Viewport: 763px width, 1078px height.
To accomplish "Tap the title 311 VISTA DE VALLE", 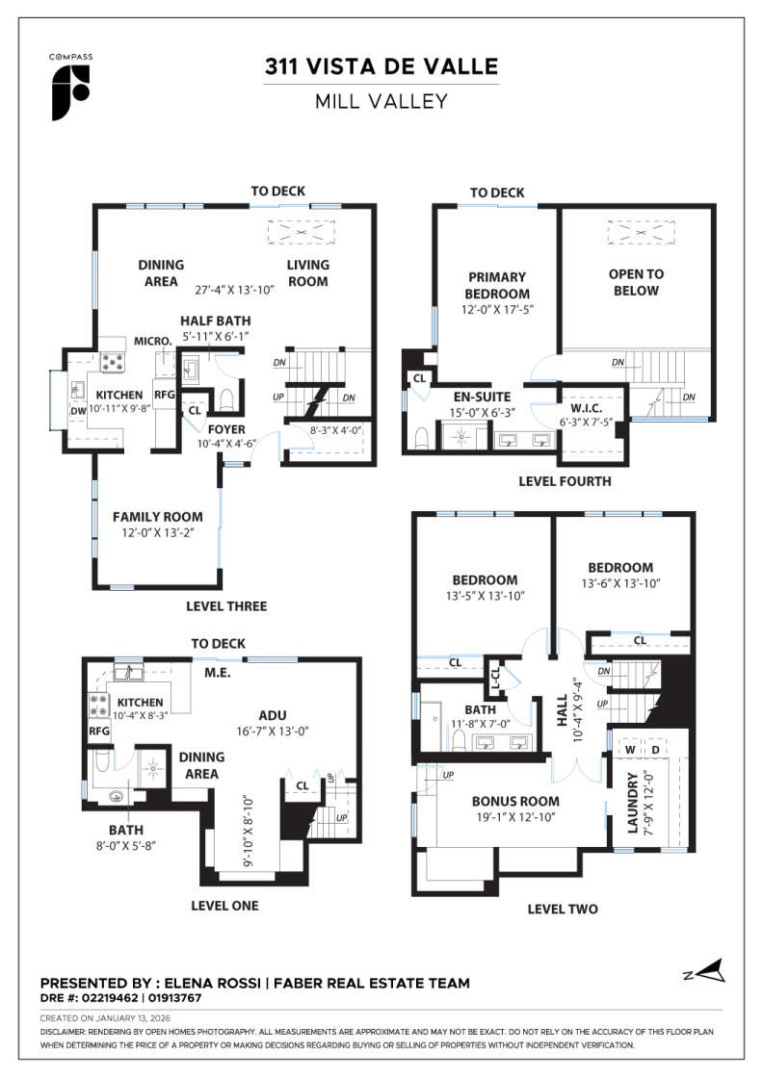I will (381, 66).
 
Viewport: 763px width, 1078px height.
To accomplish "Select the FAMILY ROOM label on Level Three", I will (157, 517).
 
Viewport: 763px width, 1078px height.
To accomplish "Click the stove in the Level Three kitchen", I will (113, 362).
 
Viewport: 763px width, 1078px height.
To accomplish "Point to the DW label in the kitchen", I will (76, 410).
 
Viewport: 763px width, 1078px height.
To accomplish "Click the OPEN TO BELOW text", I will (636, 282).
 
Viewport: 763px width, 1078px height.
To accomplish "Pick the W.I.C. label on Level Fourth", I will (586, 407).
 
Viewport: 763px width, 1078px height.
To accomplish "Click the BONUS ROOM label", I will (515, 801).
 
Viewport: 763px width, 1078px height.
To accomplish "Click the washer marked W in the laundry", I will (629, 749).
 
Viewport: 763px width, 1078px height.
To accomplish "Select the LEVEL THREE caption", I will (226, 606).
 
